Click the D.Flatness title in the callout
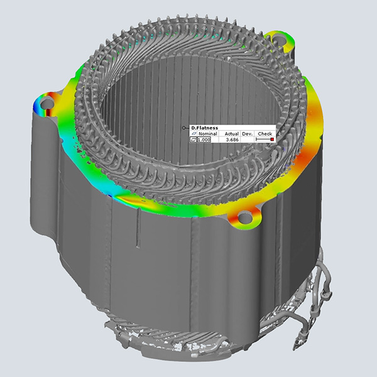coord(204,128)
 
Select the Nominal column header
coord(208,134)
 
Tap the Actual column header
coord(231,134)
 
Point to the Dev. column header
coord(248,134)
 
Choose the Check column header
coord(265,134)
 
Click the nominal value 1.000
coord(204,139)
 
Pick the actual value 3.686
coord(232,139)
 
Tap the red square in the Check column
coord(272,139)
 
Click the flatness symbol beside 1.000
coord(194,139)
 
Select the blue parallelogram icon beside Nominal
coord(194,134)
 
